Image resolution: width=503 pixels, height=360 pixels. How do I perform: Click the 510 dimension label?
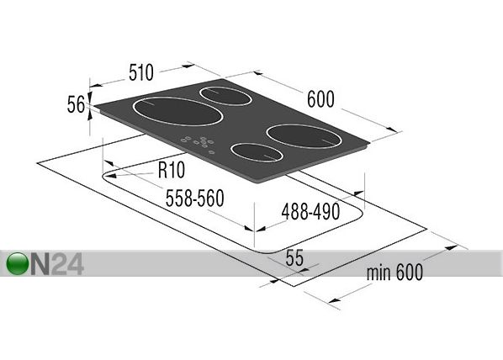click(141, 72)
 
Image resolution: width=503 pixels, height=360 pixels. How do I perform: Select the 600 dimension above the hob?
click(320, 99)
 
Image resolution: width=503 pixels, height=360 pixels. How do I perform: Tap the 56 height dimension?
click(76, 104)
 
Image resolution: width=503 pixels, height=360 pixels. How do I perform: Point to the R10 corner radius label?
click(172, 170)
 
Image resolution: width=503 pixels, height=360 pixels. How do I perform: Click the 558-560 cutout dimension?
click(194, 199)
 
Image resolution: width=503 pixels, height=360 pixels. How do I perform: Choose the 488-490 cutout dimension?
click(310, 211)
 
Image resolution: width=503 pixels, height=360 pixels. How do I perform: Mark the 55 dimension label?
click(294, 257)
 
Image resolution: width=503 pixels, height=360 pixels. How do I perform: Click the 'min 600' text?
click(394, 273)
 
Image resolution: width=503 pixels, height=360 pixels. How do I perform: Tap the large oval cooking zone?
click(177, 111)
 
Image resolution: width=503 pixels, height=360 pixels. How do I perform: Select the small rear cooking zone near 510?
click(225, 96)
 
